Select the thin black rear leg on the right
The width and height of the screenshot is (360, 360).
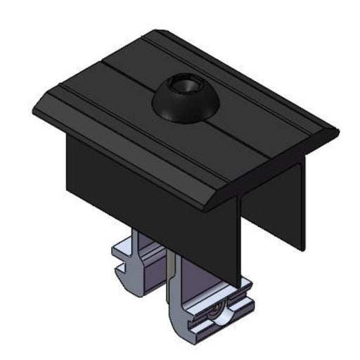tap(301, 204)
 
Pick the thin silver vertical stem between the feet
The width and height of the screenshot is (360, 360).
tap(172, 274)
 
